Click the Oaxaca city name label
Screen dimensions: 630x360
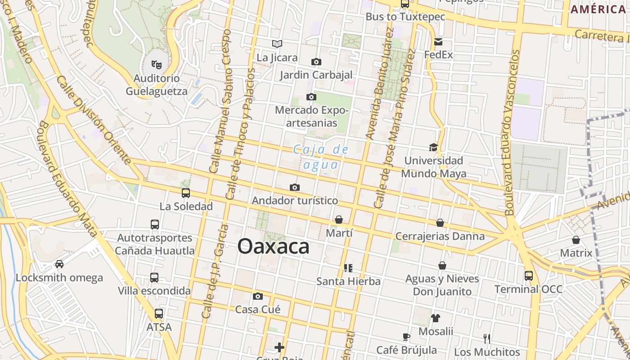[273, 247]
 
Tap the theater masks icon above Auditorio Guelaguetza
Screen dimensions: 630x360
[156, 65]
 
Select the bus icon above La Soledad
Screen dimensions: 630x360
[185, 193]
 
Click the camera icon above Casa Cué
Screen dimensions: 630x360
[257, 296]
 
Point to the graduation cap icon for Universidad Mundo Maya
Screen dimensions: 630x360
[433, 147]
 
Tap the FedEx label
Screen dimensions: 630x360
[438, 55]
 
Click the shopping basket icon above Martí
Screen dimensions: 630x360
[338, 220]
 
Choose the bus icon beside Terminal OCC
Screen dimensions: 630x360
[528, 275]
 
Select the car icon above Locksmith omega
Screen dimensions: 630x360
[59, 264]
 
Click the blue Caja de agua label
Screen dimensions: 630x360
[321, 157]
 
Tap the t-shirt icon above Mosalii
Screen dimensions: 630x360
[435, 318]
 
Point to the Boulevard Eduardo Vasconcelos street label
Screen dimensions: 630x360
[512, 133]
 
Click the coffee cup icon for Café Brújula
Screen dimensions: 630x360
[406, 337]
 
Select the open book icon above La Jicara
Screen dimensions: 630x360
[277, 44]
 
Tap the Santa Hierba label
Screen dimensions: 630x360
[348, 282]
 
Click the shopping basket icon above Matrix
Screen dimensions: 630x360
[576, 240]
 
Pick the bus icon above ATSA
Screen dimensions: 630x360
[158, 314]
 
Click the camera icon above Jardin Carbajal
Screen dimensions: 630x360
[316, 62]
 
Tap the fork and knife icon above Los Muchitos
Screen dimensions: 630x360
[486, 338]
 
